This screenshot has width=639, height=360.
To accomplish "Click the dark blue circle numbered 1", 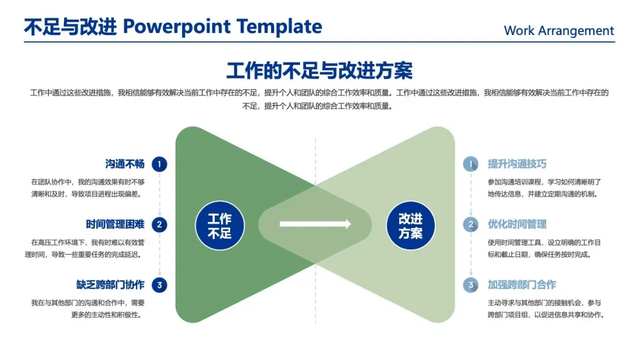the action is click(x=159, y=164).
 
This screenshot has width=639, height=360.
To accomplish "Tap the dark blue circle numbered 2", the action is click(x=159, y=224).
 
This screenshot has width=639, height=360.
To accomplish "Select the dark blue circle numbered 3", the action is click(x=159, y=285).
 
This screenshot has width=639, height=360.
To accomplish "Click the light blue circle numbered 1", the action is click(x=471, y=164).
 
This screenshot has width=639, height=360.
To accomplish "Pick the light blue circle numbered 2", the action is click(x=471, y=224).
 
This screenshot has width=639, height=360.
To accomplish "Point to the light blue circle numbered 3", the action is click(x=471, y=285).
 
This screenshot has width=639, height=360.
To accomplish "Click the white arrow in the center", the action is click(x=315, y=224).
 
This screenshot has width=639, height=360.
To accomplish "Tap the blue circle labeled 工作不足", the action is click(x=220, y=226).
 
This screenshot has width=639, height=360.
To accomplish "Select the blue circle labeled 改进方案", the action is click(x=411, y=226).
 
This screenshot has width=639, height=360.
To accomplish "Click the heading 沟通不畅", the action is click(x=125, y=164).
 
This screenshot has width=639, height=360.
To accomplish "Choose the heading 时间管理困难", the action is click(x=115, y=224).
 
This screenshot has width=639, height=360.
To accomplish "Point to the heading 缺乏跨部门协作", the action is click(x=110, y=285).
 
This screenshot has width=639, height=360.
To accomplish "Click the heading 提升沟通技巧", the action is click(x=517, y=164).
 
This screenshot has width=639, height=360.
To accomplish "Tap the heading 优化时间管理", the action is click(x=517, y=224).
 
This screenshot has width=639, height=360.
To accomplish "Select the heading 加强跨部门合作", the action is click(x=522, y=285).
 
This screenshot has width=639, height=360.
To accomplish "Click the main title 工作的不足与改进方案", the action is click(x=319, y=70).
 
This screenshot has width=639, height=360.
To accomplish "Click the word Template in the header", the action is click(x=279, y=27).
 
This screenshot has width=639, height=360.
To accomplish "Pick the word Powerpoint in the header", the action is click(x=176, y=27).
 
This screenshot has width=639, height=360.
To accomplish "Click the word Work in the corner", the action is click(x=519, y=31).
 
